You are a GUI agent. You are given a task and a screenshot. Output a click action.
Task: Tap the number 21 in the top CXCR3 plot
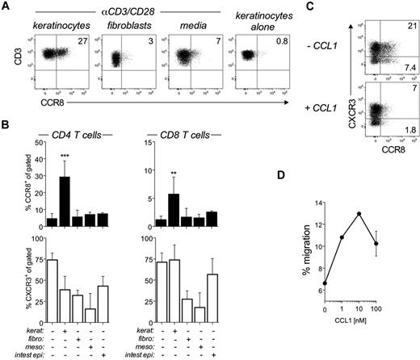click(408, 27)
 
